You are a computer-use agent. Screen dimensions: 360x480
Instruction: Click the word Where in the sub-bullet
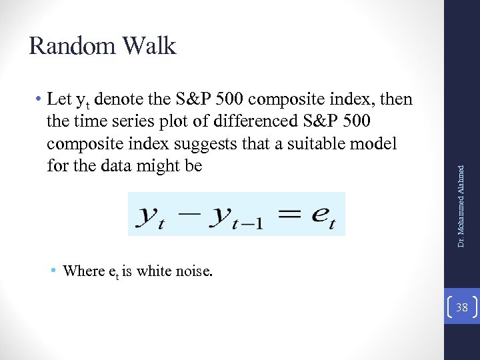pos(83,271)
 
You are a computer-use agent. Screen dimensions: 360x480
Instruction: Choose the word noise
pos(193,271)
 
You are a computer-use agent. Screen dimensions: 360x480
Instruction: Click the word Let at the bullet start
pos(59,100)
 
